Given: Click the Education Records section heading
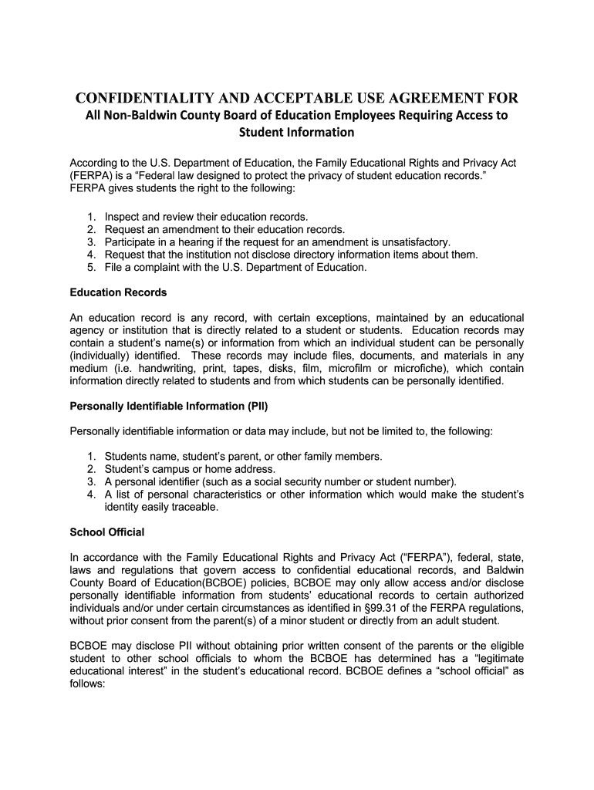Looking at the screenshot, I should (118, 292).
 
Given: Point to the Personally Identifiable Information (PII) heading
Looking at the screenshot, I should (169, 405).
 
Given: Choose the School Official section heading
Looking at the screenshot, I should (107, 532).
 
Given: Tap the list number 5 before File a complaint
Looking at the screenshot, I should (91, 267).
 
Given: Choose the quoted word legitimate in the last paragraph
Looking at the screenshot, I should (491, 658).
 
